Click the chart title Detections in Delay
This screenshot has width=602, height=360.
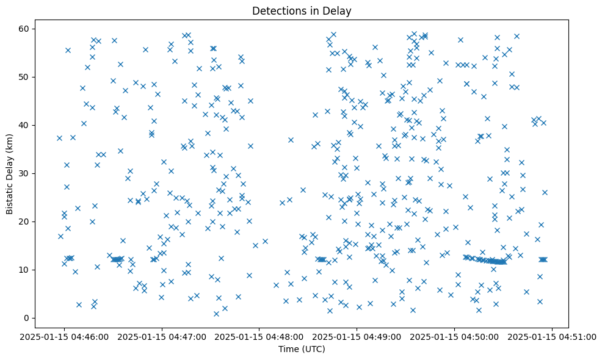(x=302, y=10)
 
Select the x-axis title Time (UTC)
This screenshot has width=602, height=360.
(x=302, y=349)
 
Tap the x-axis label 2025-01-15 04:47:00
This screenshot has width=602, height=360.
(x=162, y=336)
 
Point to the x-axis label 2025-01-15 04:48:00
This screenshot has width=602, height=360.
(x=259, y=336)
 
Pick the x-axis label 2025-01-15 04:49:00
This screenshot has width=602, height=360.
(x=357, y=336)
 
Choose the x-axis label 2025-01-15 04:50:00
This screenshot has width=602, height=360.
(x=455, y=336)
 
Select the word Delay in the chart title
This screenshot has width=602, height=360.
(x=339, y=10)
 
